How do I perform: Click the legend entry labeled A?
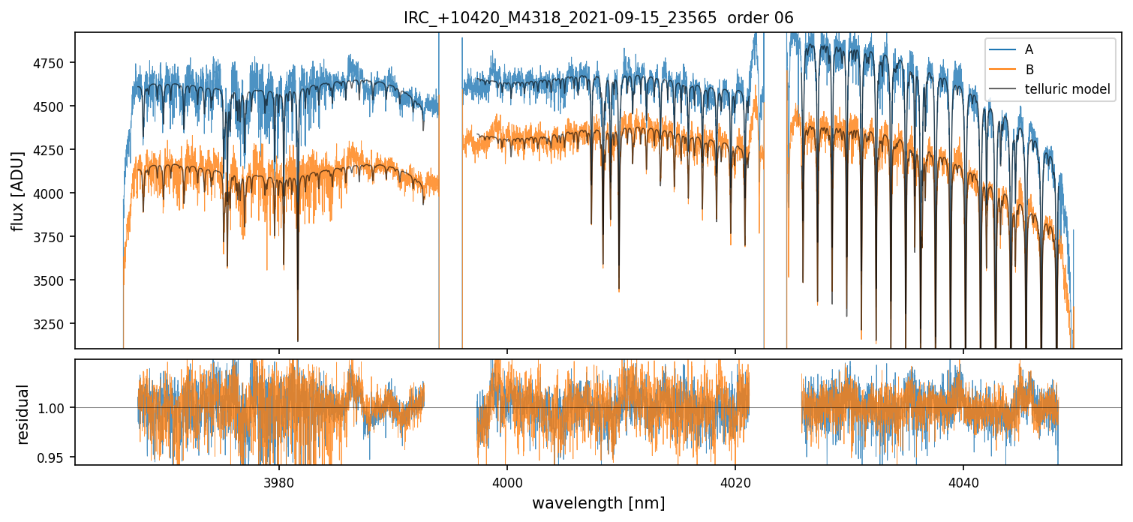[x=1029, y=49]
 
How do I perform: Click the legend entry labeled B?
[x=1029, y=70]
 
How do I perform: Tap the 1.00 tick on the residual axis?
[x=57, y=408]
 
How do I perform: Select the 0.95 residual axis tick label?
[x=57, y=457]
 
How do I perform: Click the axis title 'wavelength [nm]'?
[x=598, y=503]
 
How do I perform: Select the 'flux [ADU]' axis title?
[x=17, y=190]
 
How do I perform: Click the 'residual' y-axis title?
[x=23, y=413]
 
